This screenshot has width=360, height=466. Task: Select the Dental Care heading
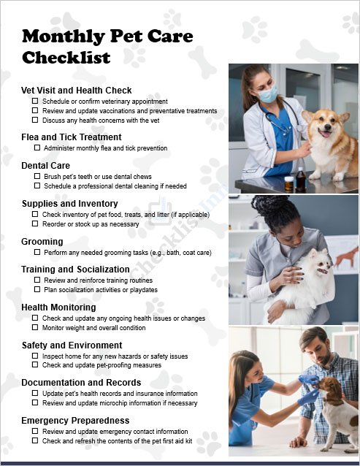point(46,166)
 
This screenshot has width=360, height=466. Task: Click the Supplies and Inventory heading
point(69,204)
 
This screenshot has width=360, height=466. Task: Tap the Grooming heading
point(42,242)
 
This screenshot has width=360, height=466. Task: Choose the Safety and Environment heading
point(72,345)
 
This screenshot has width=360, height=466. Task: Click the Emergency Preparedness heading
point(75,421)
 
